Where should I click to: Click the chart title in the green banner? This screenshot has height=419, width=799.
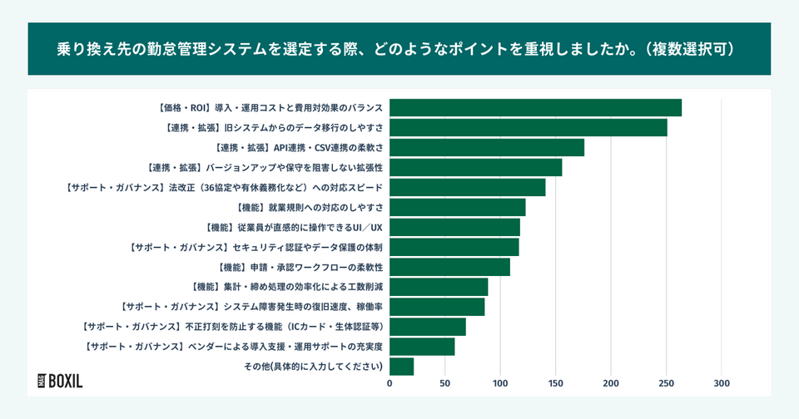click(x=399, y=49)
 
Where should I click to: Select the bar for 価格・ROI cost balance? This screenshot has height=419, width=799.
click(x=535, y=108)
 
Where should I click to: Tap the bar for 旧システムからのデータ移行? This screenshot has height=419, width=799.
click(x=528, y=128)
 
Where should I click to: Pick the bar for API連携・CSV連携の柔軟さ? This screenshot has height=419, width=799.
click(x=486, y=148)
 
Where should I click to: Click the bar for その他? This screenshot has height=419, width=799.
click(x=401, y=367)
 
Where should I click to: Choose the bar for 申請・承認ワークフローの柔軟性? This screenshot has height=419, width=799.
click(x=449, y=267)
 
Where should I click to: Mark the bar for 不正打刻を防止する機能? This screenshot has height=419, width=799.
click(x=427, y=327)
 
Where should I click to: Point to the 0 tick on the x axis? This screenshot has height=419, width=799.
click(x=390, y=383)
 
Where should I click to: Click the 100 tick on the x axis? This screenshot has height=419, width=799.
click(x=500, y=383)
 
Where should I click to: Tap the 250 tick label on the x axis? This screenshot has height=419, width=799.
click(x=666, y=383)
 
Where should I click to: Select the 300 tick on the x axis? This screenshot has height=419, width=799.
click(x=722, y=383)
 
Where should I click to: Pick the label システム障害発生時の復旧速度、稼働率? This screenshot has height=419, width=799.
click(x=251, y=307)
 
